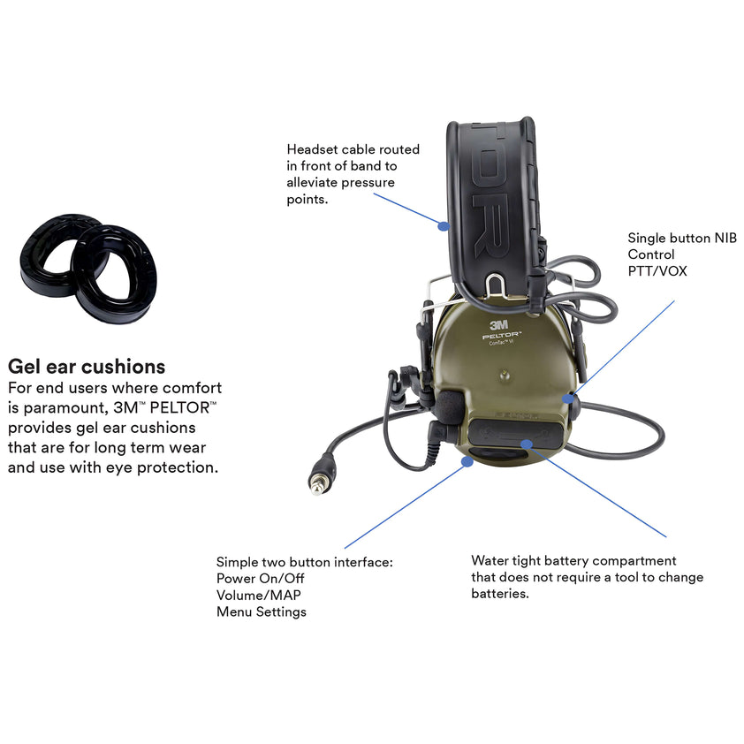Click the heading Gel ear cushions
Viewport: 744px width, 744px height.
coord(87,366)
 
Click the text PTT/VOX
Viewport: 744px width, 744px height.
coord(657,271)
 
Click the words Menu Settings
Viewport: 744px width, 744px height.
coord(262,611)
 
